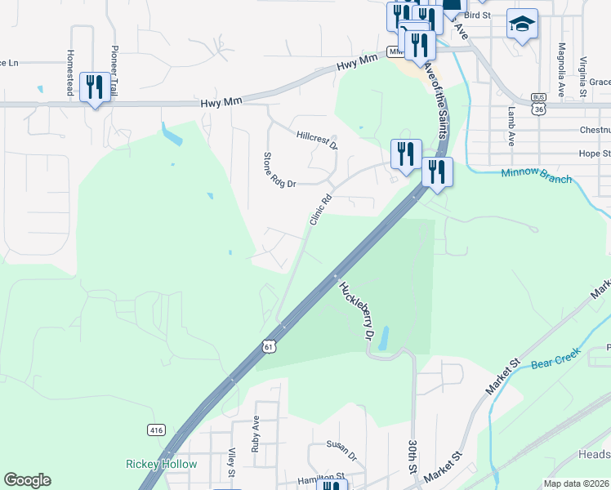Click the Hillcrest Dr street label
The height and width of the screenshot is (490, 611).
[317, 140]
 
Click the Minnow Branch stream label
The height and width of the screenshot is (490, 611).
[536, 175]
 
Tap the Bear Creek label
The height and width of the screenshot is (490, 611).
[555, 358]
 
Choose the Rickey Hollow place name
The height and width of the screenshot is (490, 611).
[161, 465]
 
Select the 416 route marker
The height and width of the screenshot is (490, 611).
[156, 430]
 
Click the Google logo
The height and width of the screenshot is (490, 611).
[27, 480]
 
